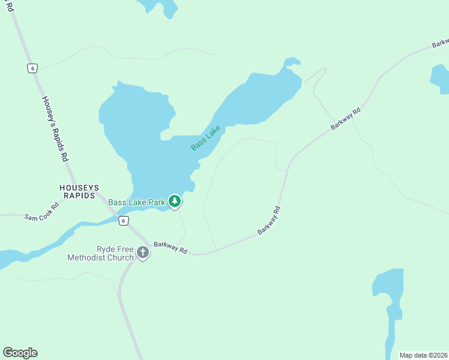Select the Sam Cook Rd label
[41, 212]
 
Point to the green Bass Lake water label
[206, 137]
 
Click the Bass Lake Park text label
[137, 202]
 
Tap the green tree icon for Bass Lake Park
[175, 202]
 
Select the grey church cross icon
[143, 253]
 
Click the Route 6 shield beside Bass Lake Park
[123, 221]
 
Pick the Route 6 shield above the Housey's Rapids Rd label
[32, 68]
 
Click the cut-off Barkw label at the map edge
[439, 44]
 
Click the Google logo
[20, 353]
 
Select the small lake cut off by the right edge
[440, 79]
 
